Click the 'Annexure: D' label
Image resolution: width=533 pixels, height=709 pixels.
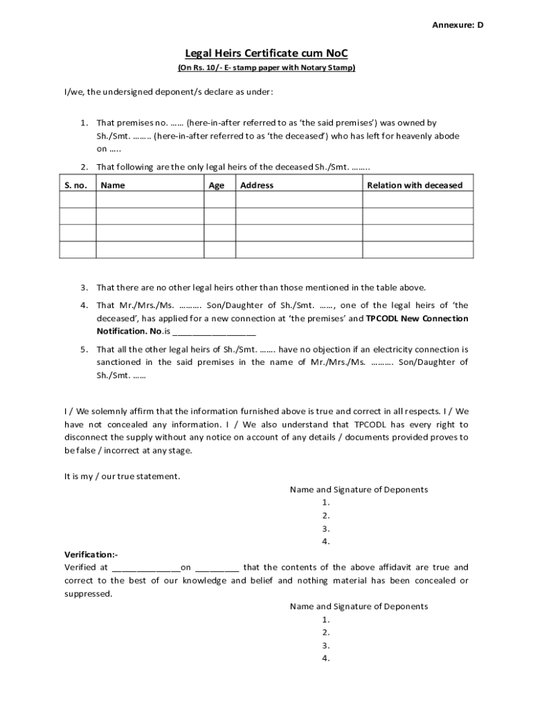458,25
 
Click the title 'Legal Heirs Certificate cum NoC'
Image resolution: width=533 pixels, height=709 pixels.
266,53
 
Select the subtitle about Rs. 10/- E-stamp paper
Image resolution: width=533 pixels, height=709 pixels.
266,68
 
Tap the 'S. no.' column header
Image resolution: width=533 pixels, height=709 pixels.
77,185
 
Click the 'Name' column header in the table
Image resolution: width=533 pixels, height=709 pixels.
113,185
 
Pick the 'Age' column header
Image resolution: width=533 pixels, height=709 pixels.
217,185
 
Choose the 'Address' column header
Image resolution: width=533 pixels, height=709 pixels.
257,185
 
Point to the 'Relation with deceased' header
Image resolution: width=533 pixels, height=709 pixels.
415,185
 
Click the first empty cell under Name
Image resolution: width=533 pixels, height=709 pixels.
150,199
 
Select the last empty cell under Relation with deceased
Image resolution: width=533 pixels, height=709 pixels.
418,249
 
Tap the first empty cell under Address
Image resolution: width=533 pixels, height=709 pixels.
299,199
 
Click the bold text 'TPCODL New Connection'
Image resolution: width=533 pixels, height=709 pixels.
417,318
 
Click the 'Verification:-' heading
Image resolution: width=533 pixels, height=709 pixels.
91,555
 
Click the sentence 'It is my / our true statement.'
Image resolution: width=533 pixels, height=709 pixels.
123,476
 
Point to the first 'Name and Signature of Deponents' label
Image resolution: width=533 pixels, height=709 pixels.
359,490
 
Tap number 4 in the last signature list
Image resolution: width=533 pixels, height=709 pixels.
325,658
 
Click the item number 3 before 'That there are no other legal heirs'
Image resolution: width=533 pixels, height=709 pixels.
83,287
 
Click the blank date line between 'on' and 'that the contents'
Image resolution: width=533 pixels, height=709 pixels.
217,568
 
